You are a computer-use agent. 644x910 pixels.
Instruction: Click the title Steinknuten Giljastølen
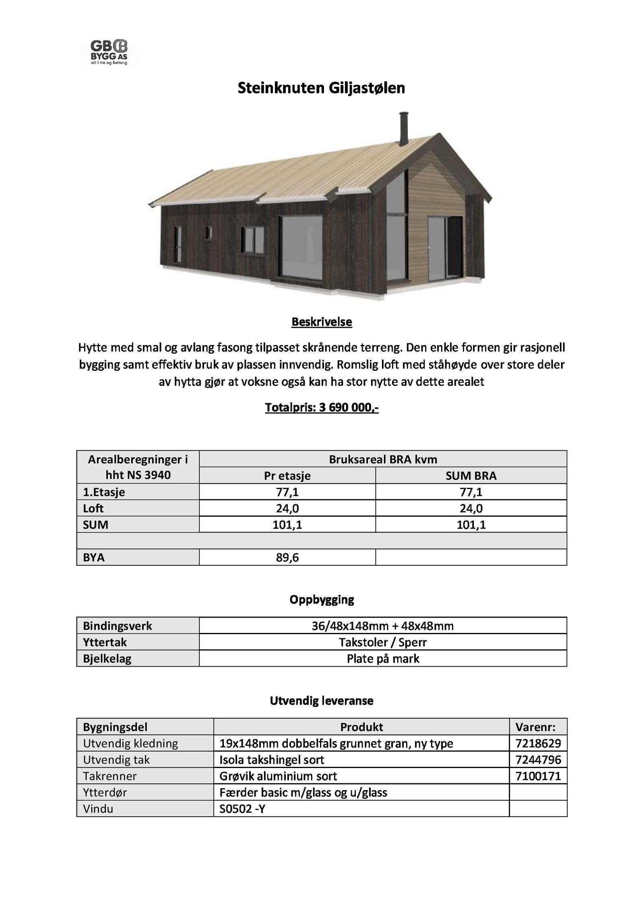tap(321, 88)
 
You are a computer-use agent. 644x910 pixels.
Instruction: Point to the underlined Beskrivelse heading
tap(322, 322)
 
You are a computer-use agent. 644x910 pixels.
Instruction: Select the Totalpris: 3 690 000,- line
tap(322, 408)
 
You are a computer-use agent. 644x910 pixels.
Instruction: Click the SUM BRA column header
tap(471, 476)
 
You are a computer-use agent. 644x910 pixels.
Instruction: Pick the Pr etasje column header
tap(287, 476)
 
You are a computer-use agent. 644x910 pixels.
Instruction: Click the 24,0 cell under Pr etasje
tap(287, 508)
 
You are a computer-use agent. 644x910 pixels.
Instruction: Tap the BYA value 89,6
tap(287, 557)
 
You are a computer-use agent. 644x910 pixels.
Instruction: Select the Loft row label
tap(93, 508)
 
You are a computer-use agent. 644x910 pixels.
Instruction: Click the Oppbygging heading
tap(322, 600)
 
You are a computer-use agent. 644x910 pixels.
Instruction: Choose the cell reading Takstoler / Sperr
tap(383, 642)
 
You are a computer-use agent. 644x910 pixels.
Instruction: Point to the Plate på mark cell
tap(383, 659)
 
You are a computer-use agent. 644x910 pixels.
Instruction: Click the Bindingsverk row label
tap(118, 626)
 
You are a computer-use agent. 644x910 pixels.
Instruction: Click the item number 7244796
tap(538, 760)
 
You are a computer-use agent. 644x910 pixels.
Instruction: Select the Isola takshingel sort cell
tap(272, 760)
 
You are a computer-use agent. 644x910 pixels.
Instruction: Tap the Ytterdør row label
tap(105, 793)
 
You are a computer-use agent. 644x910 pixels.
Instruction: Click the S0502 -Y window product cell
tap(242, 809)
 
